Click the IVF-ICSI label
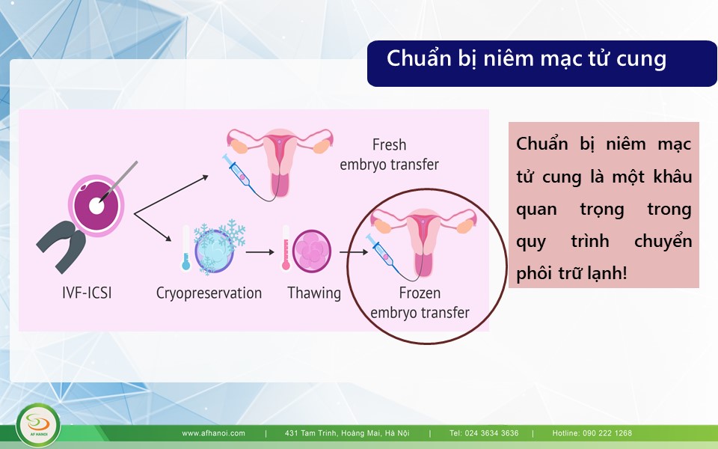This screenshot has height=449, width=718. tap(87, 293)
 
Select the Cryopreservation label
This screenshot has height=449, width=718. tap(209, 293)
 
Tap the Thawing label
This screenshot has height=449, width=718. tap(314, 293)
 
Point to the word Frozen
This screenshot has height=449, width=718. tap(420, 293)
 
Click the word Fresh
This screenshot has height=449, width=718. tap(389, 144)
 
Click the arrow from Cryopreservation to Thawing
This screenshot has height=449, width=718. tap(260, 252)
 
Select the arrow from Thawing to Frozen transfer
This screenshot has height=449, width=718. tap(354, 252)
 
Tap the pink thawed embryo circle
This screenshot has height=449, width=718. tap(312, 251)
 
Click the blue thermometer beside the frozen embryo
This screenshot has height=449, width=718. tap(186, 248)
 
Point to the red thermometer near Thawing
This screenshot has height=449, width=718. tap(286, 248)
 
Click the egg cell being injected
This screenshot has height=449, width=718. tap(96, 205)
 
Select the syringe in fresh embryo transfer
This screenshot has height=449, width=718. tap(236, 171)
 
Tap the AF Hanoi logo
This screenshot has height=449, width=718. tap(38, 425)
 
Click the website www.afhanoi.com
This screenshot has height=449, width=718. tap(213, 433)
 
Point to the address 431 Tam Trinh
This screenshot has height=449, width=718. tap(347, 433)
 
